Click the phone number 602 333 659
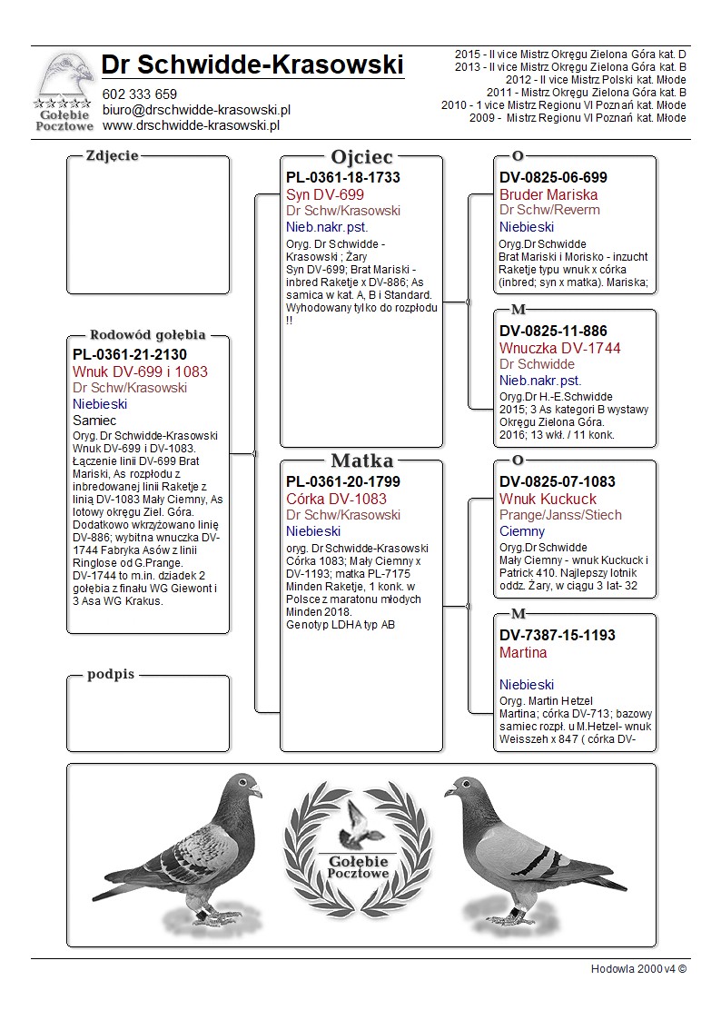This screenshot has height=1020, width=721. [140, 94]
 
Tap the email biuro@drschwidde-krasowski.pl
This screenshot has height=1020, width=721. [196, 110]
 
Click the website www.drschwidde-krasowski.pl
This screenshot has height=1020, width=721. [190, 125]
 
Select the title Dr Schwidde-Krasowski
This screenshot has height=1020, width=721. [252, 65]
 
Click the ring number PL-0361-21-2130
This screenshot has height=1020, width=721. [130, 354]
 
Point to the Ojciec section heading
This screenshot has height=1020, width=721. [361, 157]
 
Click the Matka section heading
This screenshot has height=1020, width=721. [361, 460]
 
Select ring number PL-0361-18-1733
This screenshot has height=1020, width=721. [343, 178]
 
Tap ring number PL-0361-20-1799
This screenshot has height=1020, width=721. [343, 481]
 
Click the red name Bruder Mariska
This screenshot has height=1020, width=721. [548, 194]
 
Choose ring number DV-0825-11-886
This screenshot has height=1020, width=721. [553, 331]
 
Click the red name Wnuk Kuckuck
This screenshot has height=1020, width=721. [548, 499]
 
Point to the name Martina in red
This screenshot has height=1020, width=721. [523, 652]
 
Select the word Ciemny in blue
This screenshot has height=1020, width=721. [522, 531]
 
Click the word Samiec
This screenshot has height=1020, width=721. [94, 421]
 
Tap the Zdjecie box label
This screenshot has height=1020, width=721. [112, 155]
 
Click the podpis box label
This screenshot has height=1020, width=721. [111, 674]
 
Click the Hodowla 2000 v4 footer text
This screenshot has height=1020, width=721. [638, 968]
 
